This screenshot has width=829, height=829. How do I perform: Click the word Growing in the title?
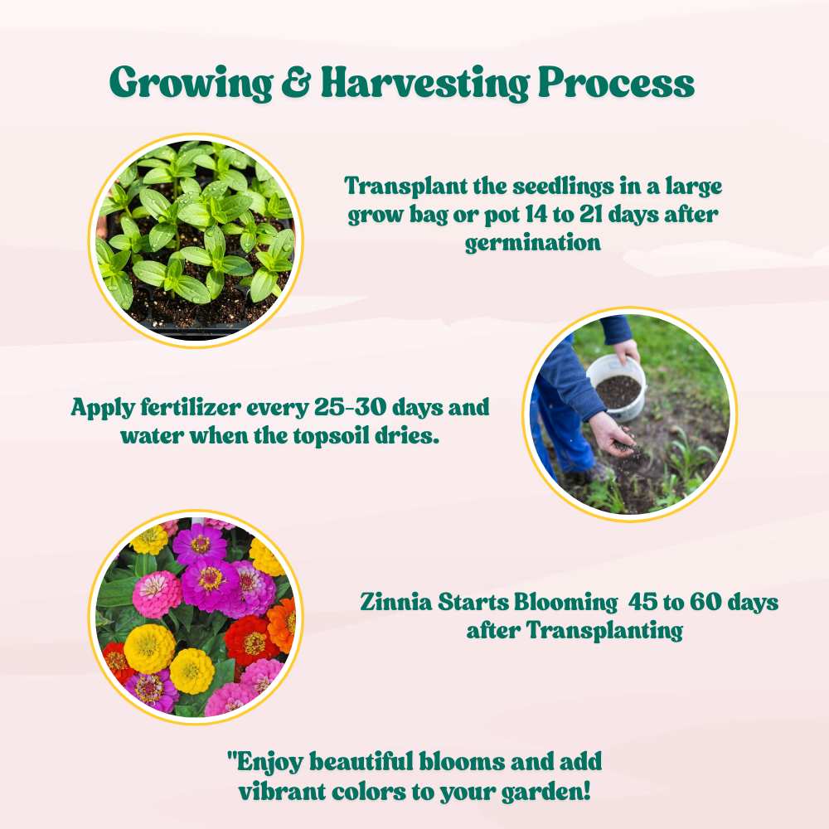191,83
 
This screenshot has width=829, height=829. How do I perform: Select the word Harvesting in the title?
425,83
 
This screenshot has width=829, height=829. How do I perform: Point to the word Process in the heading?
616,82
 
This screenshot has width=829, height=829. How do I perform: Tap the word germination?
533,243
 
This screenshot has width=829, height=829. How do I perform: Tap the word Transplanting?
604,631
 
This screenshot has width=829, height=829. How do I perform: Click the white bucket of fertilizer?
617,387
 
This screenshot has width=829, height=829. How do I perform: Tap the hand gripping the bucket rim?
627,351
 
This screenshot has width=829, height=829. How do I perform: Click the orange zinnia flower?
282,626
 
